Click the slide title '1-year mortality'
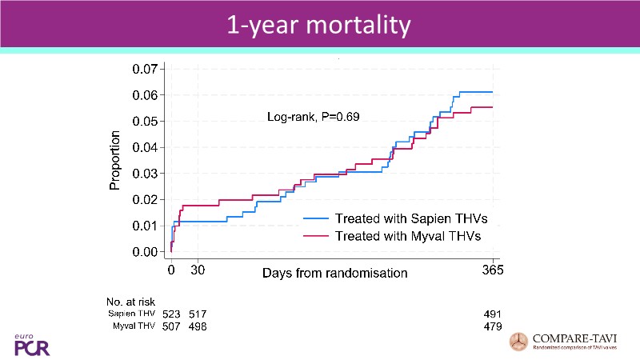(x=319, y=26)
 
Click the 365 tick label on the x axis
(x=492, y=270)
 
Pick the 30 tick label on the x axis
(x=198, y=270)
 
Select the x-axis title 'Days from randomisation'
(x=335, y=273)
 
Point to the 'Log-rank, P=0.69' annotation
(x=313, y=117)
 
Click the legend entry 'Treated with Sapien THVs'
(x=411, y=218)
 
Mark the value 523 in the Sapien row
(x=171, y=314)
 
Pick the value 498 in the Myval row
(x=198, y=327)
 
